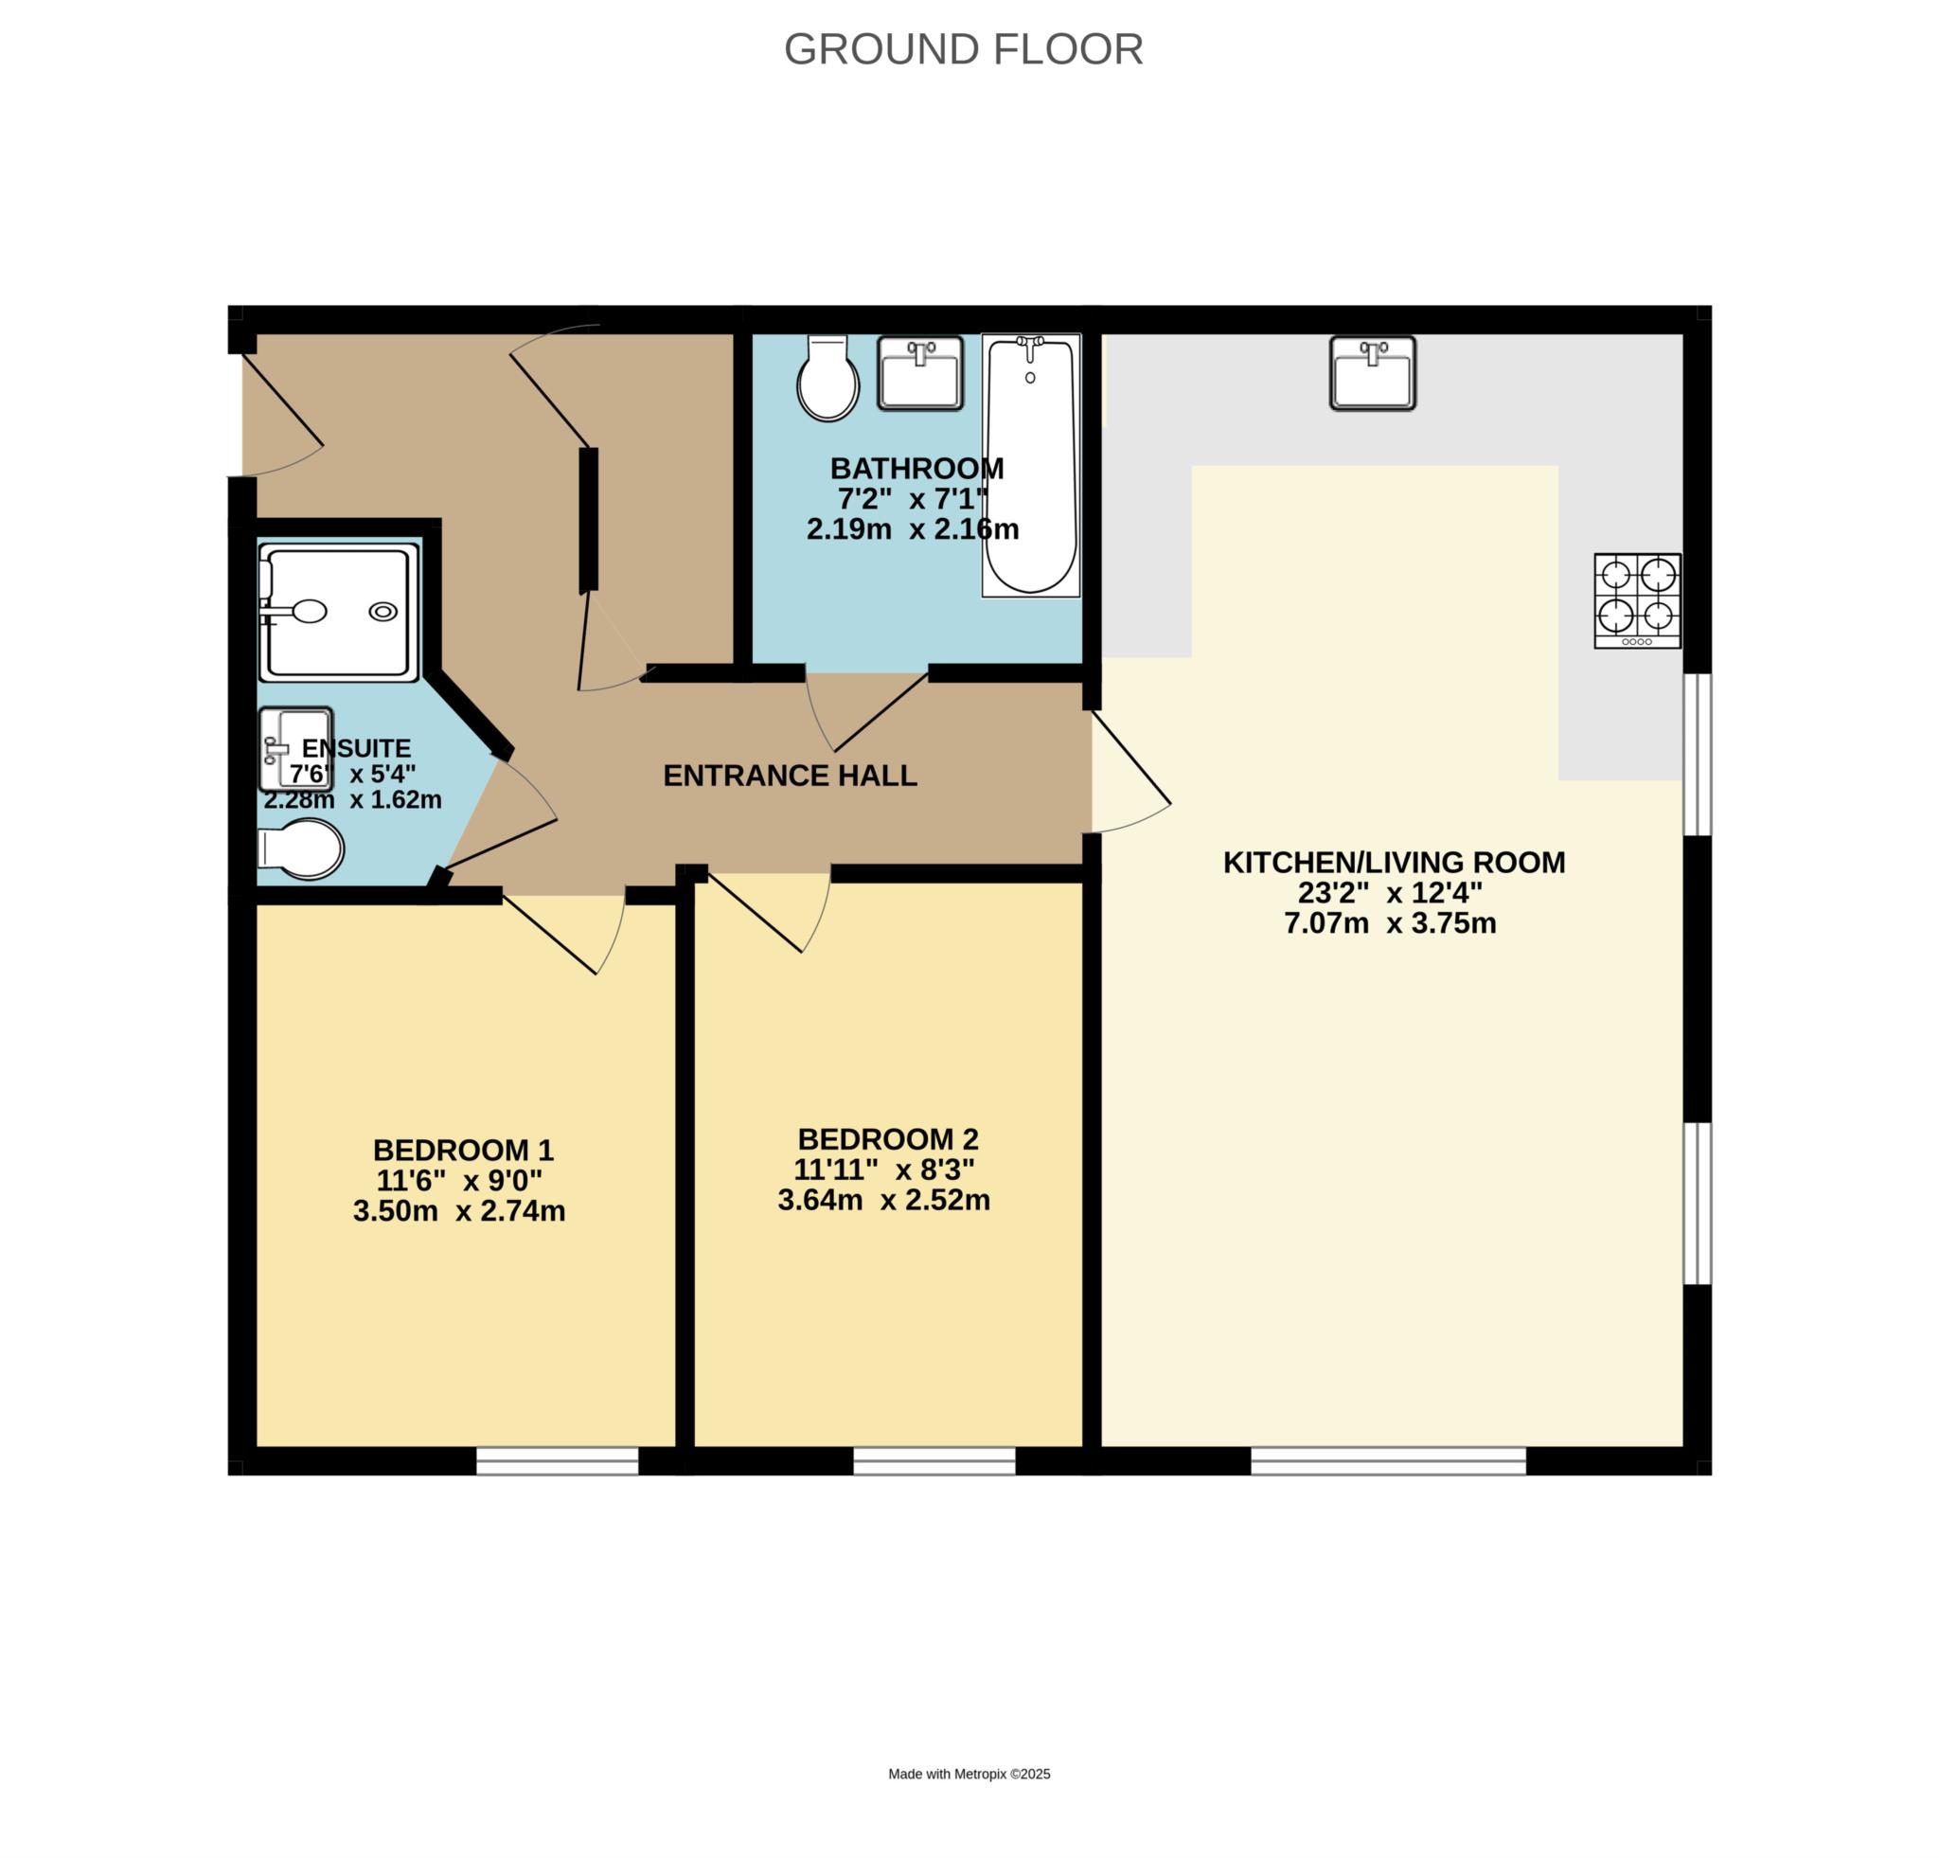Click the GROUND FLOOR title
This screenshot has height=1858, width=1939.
click(964, 49)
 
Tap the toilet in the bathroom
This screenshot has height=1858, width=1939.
click(828, 378)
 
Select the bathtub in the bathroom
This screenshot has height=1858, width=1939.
click(1031, 466)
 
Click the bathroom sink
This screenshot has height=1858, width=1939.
click(920, 373)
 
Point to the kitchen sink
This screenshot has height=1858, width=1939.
click(1372, 373)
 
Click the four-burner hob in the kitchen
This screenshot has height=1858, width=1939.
click(1637, 600)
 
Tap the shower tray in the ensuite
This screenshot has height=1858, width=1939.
click(339, 613)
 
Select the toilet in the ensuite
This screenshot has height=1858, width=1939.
click(301, 849)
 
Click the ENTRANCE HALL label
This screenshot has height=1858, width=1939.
click(790, 776)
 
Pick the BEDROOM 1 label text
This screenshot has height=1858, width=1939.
click(463, 1150)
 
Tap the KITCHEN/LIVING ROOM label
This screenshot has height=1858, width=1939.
click(1394, 863)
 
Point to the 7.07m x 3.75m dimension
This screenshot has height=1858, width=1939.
click(1390, 924)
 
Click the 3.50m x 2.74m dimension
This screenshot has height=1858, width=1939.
click(459, 1211)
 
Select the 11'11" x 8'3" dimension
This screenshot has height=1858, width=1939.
click(884, 1170)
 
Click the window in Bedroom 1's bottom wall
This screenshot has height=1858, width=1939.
click(558, 1461)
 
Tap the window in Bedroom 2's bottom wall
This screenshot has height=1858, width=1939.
click(934, 1461)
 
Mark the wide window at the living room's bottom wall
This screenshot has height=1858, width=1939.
click(1388, 1461)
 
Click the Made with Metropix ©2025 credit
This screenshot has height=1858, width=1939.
click(969, 1774)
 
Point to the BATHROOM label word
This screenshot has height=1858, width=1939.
click(917, 468)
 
